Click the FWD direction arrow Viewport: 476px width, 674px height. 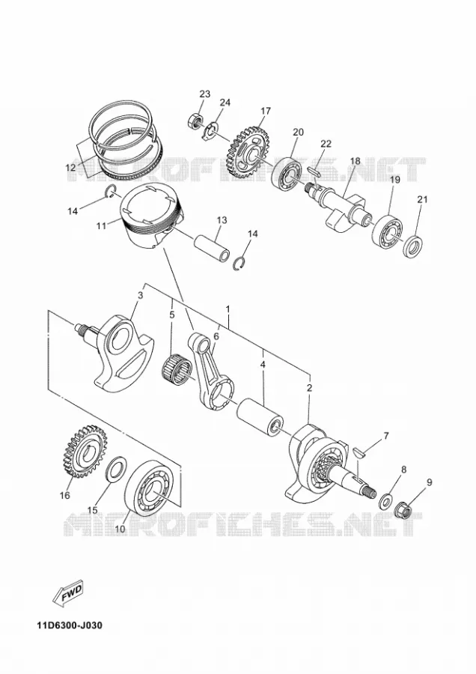click(67, 594)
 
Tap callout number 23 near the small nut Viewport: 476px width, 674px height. click(205, 94)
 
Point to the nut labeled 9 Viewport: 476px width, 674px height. click(404, 510)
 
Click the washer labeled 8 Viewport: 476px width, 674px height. click(385, 501)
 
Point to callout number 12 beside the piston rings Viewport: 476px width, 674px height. click(71, 167)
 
